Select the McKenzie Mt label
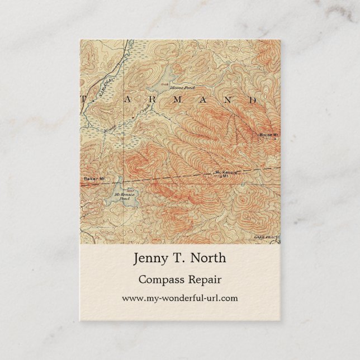226,174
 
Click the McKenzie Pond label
122,196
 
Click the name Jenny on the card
149,259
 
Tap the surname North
209,259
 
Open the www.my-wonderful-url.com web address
179,299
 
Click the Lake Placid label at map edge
266,238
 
